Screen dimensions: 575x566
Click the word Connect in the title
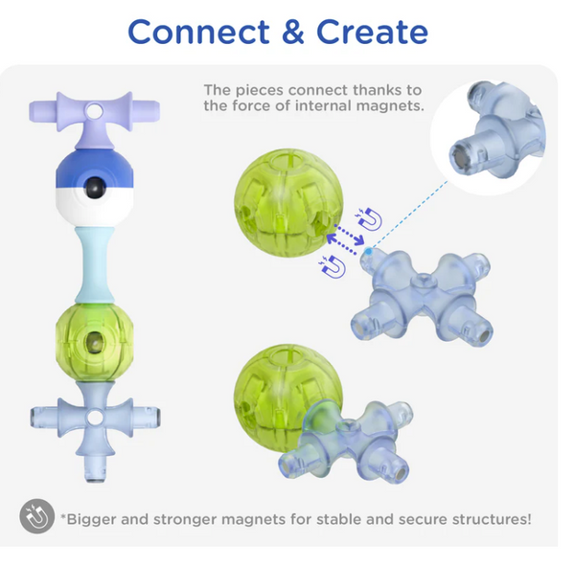(x=198, y=32)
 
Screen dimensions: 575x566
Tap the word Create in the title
(x=372, y=32)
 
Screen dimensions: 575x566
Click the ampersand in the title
(x=293, y=32)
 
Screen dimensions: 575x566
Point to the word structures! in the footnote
(x=492, y=519)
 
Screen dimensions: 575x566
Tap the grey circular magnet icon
(x=37, y=516)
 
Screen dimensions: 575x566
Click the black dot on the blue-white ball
(x=95, y=188)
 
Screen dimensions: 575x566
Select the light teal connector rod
(x=95, y=264)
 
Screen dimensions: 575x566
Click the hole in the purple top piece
(x=95, y=109)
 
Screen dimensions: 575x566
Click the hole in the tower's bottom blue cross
(x=95, y=417)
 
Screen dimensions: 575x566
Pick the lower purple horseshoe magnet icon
(x=333, y=266)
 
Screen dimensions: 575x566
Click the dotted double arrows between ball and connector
(x=345, y=239)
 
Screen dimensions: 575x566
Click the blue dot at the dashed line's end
(x=368, y=251)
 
